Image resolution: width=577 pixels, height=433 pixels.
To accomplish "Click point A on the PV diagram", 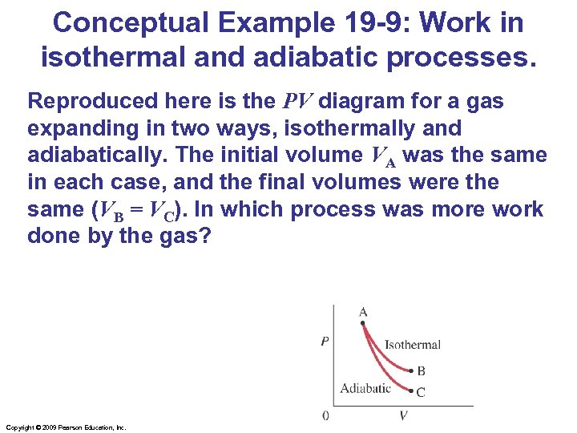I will (x=363, y=324).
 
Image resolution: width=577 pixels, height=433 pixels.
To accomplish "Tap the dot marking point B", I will (x=410, y=371).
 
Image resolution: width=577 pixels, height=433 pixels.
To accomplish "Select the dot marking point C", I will (x=410, y=392).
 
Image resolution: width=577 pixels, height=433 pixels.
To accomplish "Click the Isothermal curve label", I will (x=413, y=345).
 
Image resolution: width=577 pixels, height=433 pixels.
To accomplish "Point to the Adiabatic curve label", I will (x=365, y=389).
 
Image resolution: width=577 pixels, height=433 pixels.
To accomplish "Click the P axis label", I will (x=325, y=342).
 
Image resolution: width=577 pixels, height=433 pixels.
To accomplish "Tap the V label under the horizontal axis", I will (x=403, y=415).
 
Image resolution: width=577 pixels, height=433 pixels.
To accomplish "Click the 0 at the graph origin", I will (x=325, y=415).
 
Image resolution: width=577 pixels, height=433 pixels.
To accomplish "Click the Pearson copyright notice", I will (x=65, y=427).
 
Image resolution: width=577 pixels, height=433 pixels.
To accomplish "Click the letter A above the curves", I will (x=363, y=312).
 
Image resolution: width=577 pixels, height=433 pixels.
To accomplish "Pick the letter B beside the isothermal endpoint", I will (x=422, y=371).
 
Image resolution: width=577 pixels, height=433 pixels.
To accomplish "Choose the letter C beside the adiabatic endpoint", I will (x=422, y=393).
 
